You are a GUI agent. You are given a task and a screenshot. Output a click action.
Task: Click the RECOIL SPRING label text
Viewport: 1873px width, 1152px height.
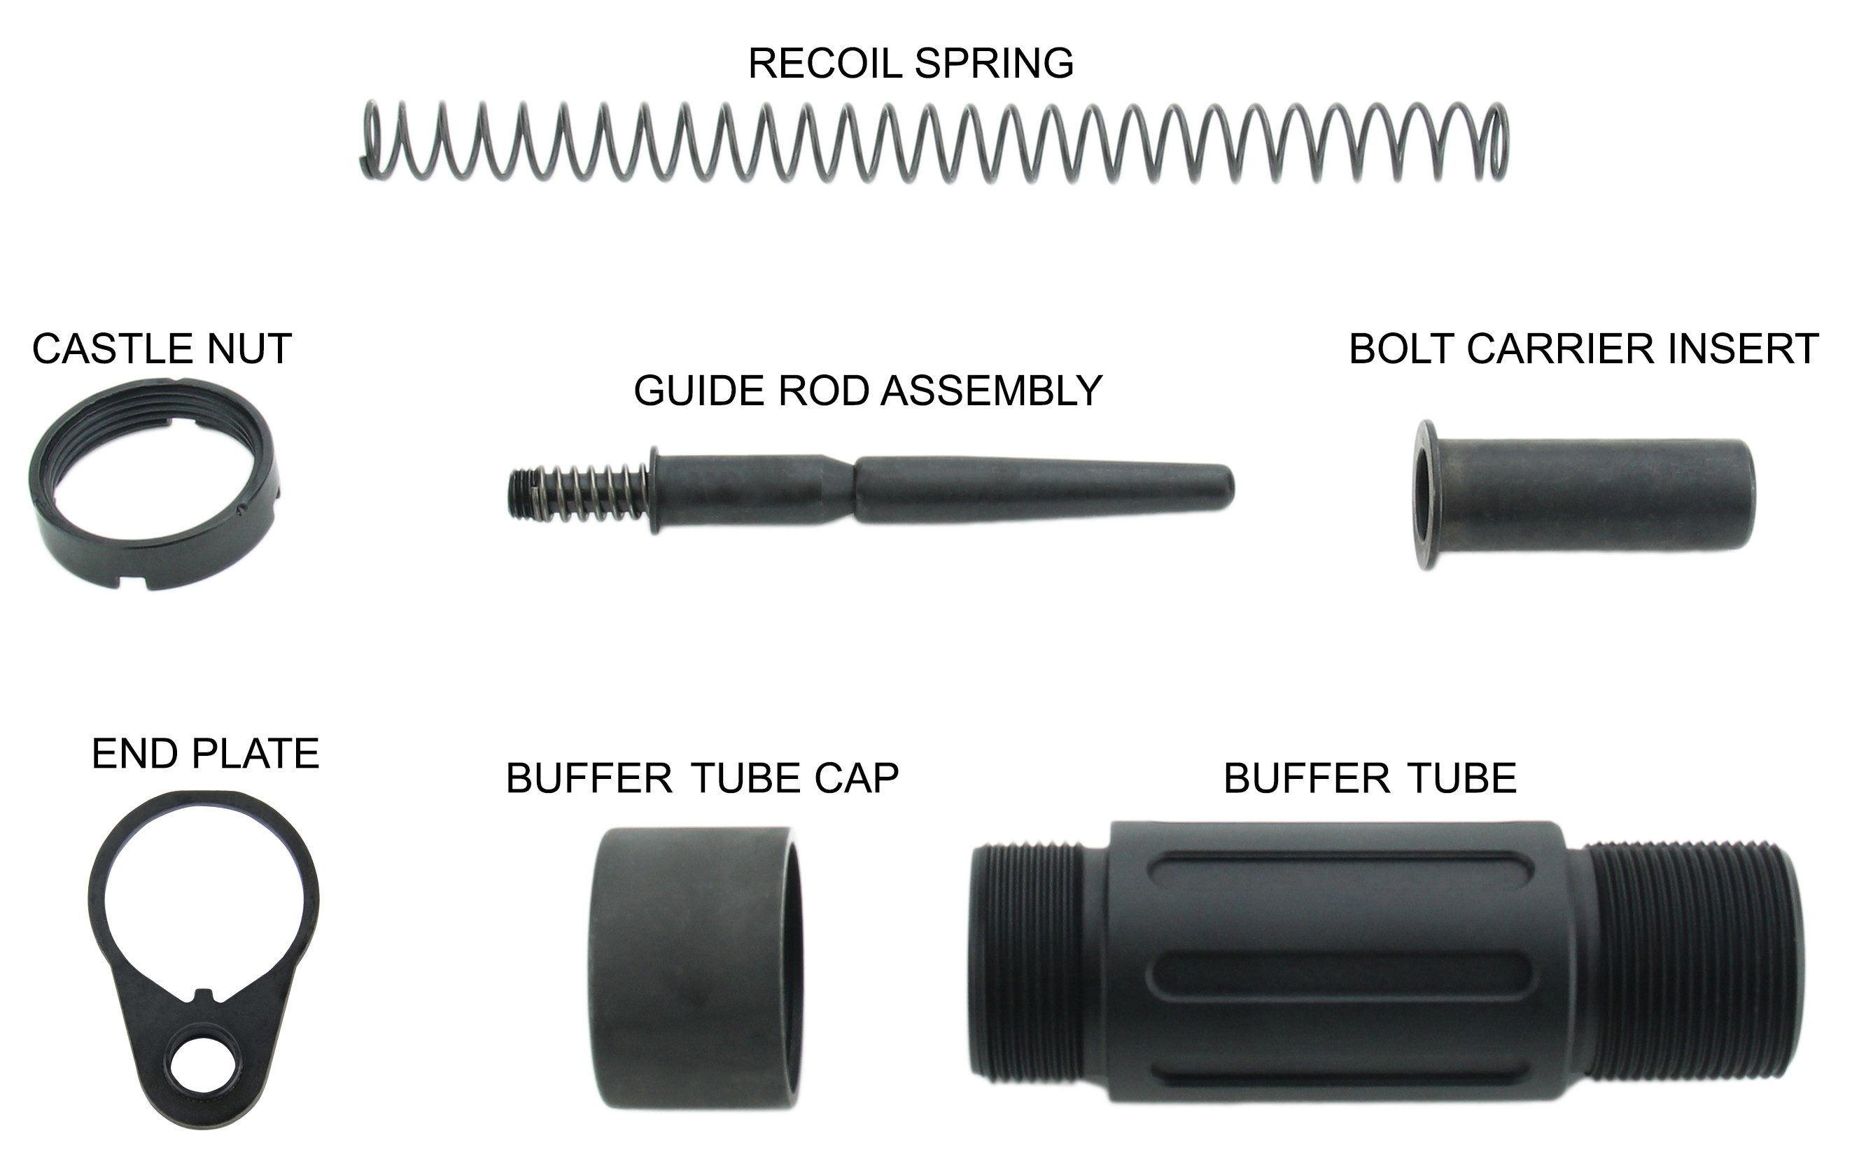pos(911,63)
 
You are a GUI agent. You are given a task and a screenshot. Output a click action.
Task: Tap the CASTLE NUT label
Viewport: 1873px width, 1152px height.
pos(162,349)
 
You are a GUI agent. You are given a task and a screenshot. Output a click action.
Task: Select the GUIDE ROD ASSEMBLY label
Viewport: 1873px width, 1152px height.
pos(868,391)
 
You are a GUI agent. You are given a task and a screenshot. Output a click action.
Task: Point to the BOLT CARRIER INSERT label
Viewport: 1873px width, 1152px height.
pos(1583,349)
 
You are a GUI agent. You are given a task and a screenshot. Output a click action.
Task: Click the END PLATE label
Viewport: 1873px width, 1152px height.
pos(205,754)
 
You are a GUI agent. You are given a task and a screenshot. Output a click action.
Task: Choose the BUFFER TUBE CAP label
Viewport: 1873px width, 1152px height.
pos(702,779)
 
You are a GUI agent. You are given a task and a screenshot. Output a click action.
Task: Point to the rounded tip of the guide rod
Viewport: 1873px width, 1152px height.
pos(1228,486)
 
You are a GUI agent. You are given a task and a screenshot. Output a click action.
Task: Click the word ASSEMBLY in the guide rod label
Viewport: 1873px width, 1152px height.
pos(991,391)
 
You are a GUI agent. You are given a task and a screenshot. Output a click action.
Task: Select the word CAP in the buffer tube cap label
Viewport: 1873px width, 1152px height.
pos(857,779)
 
